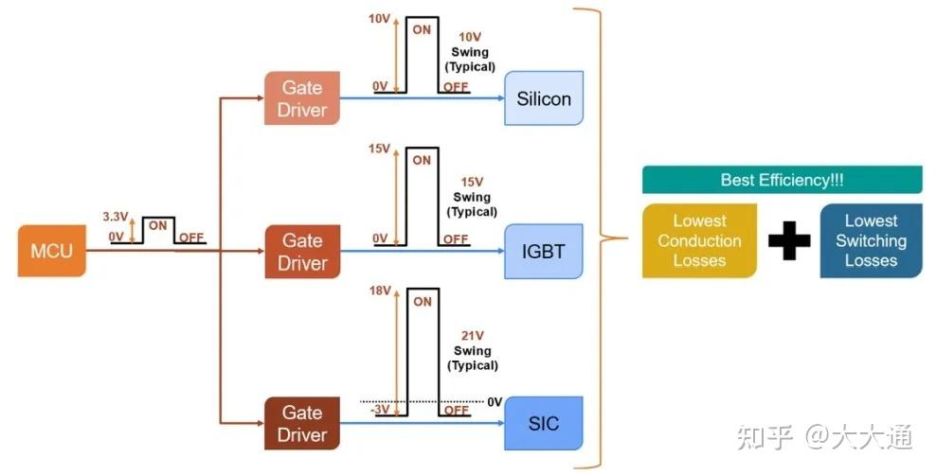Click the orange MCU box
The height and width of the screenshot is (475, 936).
coord(52,251)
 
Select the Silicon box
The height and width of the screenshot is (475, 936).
coord(544,98)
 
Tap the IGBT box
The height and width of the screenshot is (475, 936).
coord(544,252)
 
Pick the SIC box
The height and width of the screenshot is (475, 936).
coord(544,423)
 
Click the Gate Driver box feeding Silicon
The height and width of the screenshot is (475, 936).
coord(302,98)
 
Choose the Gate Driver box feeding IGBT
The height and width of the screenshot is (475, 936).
coord(302,252)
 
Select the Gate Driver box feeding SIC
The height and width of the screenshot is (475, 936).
coord(302,423)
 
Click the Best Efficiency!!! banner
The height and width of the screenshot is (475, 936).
coord(782,180)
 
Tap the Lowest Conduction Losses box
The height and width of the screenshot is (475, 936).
coord(699,240)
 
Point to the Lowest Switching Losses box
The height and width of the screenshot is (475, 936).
coord(871,240)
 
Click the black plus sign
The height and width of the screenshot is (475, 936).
coord(789,240)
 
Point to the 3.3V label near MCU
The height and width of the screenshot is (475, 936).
coord(115,217)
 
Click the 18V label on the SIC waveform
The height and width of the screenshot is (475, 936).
coord(380,290)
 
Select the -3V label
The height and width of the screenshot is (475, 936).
coord(380,410)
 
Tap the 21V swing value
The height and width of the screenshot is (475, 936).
coord(472,336)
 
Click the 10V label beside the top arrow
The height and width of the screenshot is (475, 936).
coord(379,19)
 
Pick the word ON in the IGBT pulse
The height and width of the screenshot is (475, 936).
coord(422,160)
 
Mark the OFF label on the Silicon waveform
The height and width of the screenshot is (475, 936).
coord(456,87)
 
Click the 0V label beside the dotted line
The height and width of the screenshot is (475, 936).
coord(495,402)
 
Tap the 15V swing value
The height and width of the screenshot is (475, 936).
coord(472,183)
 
